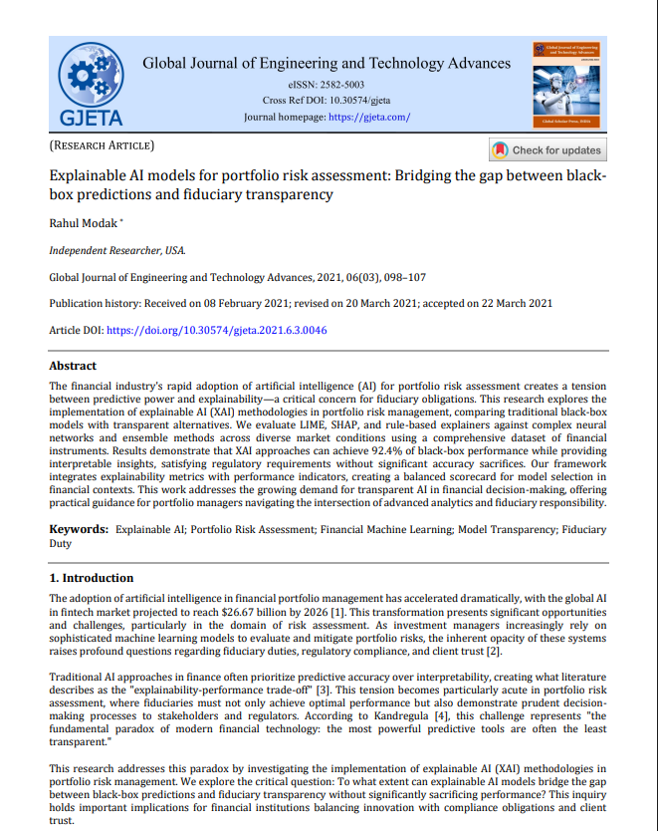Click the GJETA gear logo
[92, 88]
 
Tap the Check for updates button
[547, 150]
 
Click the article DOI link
[217, 330]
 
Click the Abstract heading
[73, 366]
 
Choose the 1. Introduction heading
[92, 578]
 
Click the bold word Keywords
[79, 531]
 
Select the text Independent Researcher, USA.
[116, 250]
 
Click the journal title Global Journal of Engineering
[327, 64]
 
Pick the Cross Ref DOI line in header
[327, 102]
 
